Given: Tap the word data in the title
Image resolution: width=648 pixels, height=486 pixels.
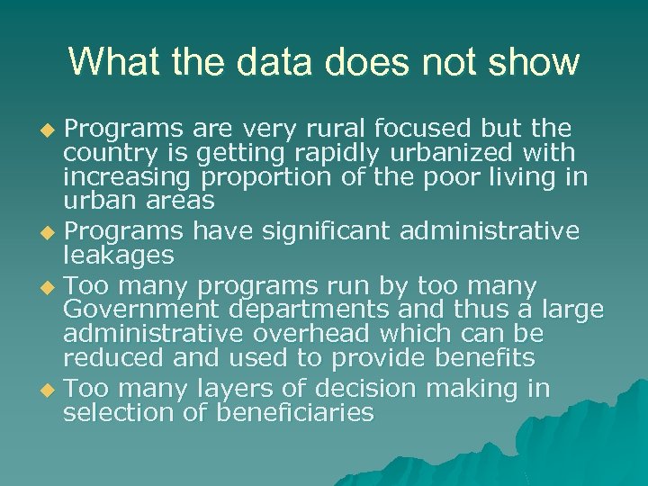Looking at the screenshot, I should click(x=274, y=62).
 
